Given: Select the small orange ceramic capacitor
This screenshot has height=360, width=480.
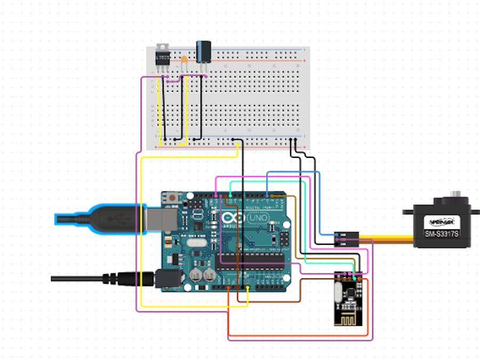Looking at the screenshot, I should coord(184,60).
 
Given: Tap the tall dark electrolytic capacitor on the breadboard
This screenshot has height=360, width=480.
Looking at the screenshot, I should coord(203,51).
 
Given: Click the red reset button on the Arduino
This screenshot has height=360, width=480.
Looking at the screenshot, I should coord(172,198).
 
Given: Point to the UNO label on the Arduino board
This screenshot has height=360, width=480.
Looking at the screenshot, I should coord(260,219).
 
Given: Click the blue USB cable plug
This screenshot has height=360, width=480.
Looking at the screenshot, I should coord(107,219).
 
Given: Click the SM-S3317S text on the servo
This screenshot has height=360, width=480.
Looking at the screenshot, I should coord(441,233).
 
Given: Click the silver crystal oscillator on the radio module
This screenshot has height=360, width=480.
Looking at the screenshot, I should coord(338,292).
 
